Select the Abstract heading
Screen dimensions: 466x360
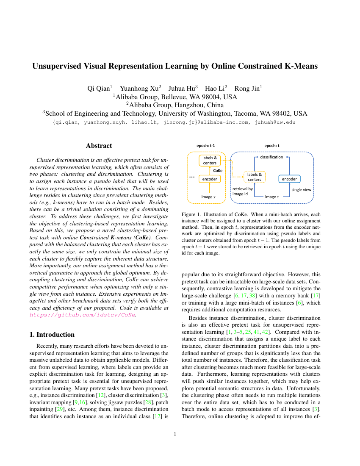tap(99, 146)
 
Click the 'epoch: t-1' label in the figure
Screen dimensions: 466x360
tap(206, 146)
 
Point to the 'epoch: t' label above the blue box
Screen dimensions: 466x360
tap(272, 146)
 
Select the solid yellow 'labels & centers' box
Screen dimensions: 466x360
tap(210, 161)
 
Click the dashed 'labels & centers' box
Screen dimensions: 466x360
tap(255, 177)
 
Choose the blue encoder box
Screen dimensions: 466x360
tap(289, 179)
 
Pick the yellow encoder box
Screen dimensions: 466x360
tap(210, 179)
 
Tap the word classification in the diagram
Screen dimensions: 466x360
tap(271, 157)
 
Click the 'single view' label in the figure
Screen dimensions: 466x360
tap(301, 189)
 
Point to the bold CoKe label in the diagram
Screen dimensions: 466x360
tap(218, 170)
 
